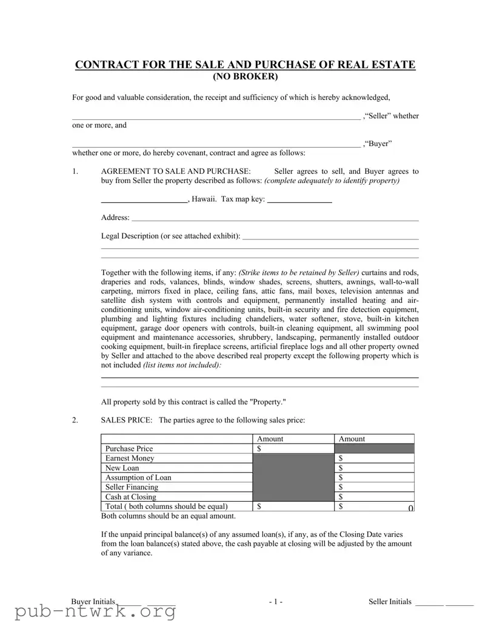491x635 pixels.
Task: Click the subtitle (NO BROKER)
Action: pyautogui.click(x=245, y=77)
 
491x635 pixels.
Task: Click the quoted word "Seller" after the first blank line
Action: pyautogui.click(x=377, y=116)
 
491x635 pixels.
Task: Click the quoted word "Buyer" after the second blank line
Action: pyautogui.click(x=378, y=144)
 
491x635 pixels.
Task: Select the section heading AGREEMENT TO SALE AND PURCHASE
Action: pyautogui.click(x=175, y=171)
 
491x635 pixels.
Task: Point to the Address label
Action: pyautogui.click(x=115, y=217)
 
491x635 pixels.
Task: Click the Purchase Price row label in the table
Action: pyautogui.click(x=129, y=448)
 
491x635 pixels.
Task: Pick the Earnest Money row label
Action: pyautogui.click(x=130, y=458)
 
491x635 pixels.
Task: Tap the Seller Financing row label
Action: pyautogui.click(x=132, y=487)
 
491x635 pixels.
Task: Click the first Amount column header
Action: pyautogui.click(x=270, y=439)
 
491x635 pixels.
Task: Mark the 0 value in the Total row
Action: pyautogui.click(x=410, y=507)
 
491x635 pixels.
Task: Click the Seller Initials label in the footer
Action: pyautogui.click(x=390, y=602)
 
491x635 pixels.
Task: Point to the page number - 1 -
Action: pyautogui.click(x=276, y=602)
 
